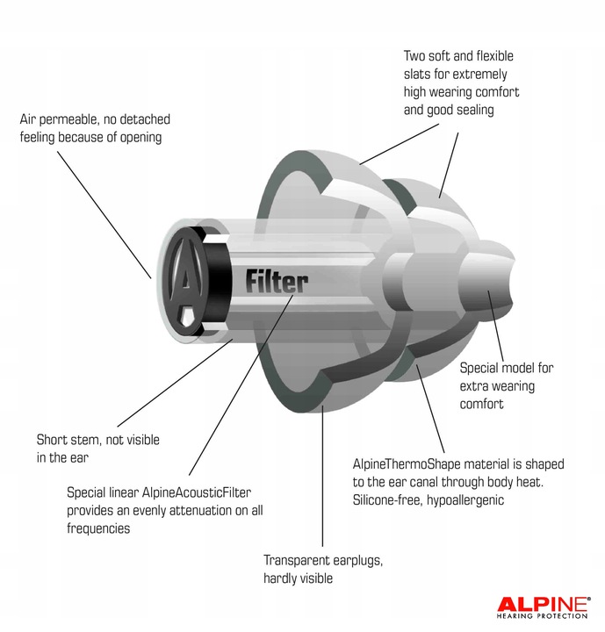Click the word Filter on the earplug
pos(277,282)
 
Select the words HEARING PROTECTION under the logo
pos(543,617)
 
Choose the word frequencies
pos(98,528)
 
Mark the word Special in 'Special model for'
pos(481,368)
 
